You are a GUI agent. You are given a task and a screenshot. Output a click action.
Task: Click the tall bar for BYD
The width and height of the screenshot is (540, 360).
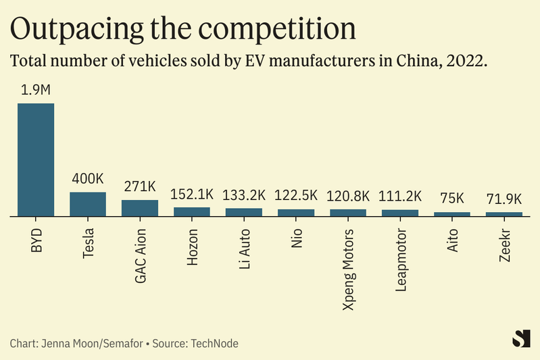pyautogui.click(x=36, y=159)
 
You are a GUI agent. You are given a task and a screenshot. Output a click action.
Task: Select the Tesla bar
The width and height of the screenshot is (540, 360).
pyautogui.click(x=88, y=204)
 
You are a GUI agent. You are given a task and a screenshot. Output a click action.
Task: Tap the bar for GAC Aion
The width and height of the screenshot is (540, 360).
pyautogui.click(x=140, y=208)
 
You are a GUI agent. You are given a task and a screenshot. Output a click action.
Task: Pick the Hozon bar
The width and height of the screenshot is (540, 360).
pyautogui.click(x=192, y=211)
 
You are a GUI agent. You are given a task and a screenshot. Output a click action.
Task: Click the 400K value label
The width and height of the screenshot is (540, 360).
pyautogui.click(x=88, y=180)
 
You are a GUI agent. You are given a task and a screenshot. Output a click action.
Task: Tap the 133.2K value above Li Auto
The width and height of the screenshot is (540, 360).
pyautogui.click(x=244, y=195)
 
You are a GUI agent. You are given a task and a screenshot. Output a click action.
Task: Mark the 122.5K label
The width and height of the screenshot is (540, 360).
pyautogui.click(x=296, y=195)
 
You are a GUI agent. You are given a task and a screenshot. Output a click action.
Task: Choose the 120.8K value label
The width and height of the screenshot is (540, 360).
pyautogui.click(x=348, y=196)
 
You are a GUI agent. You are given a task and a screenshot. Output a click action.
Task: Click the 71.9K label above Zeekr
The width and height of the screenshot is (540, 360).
pyautogui.click(x=504, y=199)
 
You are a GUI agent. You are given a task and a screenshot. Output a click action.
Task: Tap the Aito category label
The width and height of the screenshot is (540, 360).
pyautogui.click(x=452, y=240)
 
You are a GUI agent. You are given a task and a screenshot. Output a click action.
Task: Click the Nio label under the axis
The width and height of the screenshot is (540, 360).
pyautogui.click(x=296, y=238)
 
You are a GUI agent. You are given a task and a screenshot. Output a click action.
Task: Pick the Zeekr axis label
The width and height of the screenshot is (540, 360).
pyautogui.click(x=504, y=244)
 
